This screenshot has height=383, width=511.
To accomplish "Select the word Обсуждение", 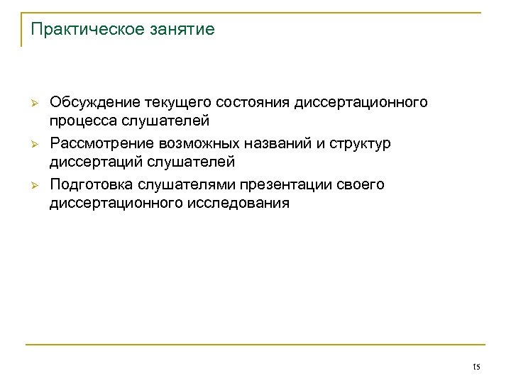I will click(x=95, y=104).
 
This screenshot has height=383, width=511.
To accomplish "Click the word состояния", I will click(x=251, y=104).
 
